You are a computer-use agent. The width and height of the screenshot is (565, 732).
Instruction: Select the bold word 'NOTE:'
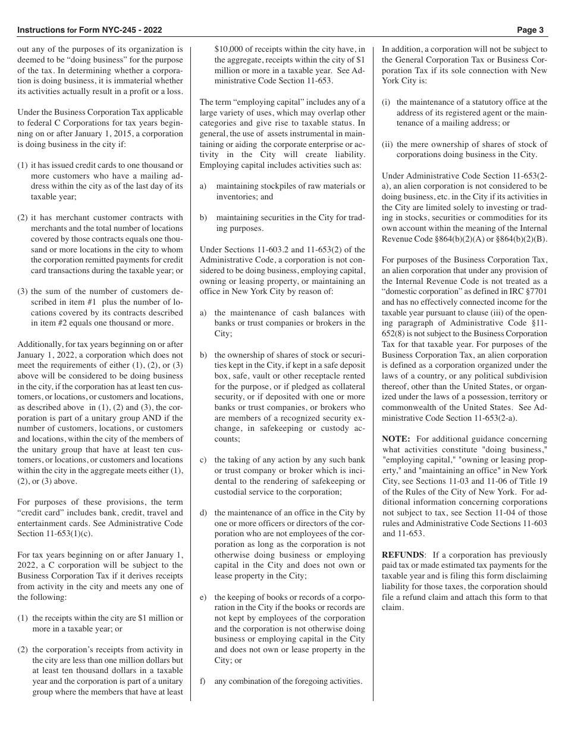pos(396,439)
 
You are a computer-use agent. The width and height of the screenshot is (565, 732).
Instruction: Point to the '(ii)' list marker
pos(388,144)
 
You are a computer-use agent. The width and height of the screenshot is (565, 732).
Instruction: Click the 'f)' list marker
pos(203,681)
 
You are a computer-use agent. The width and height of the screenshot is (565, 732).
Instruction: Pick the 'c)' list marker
pos(203,460)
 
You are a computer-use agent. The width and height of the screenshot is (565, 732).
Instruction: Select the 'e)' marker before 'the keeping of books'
pos(203,597)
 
